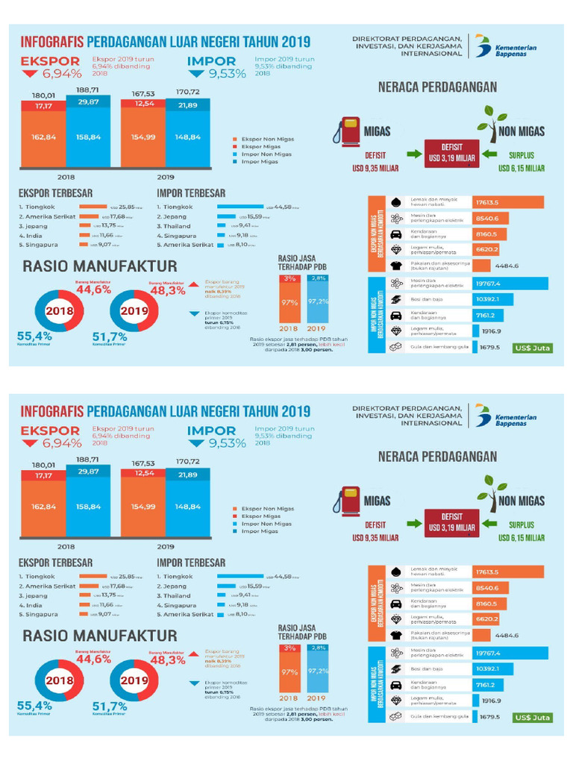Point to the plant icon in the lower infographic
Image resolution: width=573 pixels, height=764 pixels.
(492, 493)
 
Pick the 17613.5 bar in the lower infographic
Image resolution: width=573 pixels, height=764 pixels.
(508, 572)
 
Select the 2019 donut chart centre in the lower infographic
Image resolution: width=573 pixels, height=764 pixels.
(135, 680)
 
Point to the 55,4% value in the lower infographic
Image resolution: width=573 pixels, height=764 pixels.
(34, 705)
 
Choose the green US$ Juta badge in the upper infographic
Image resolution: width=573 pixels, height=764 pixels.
(532, 348)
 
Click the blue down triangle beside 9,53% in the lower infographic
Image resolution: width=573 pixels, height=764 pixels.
(195, 443)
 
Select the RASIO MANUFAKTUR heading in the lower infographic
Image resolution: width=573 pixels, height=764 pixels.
(100, 636)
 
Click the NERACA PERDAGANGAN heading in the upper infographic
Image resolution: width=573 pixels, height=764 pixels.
(437, 87)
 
